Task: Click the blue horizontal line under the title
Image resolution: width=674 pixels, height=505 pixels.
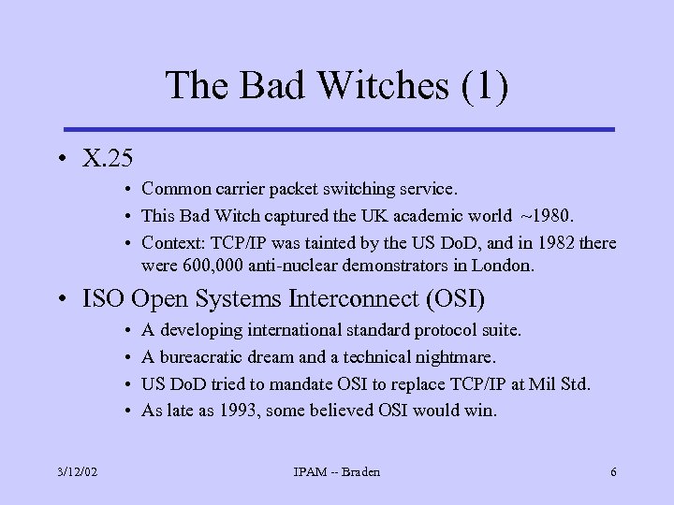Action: pyautogui.click(x=337, y=129)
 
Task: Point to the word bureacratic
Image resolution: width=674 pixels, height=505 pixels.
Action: pyautogui.click(x=199, y=357)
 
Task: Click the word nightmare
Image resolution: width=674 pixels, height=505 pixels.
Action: pyautogui.click(x=457, y=357)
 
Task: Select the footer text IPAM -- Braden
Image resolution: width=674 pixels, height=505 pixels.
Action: pyautogui.click(x=336, y=472)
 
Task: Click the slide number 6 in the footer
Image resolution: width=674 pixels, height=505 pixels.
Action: pyautogui.click(x=613, y=472)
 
